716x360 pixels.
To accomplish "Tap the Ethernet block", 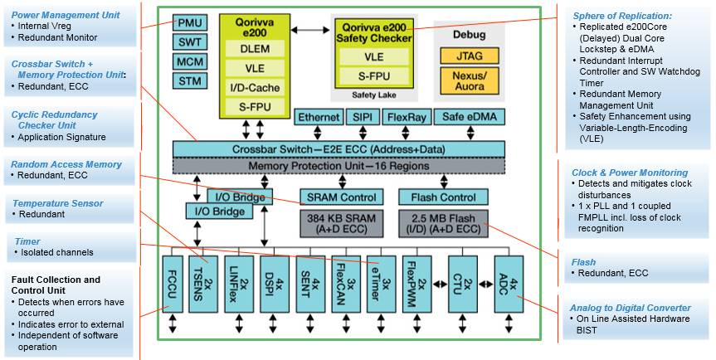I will pyautogui.click(x=319, y=117).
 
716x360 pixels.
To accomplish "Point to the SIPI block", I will pyautogui.click(x=363, y=117).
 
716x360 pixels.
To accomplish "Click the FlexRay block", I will pyautogui.click(x=407, y=117).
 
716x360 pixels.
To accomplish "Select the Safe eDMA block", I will pyautogui.click(x=470, y=117).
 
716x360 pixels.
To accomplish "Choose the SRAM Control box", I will pyautogui.click(x=341, y=197).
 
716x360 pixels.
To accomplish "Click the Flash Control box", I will pyautogui.click(x=444, y=197).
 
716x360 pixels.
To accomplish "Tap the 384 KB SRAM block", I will pyautogui.click(x=341, y=223).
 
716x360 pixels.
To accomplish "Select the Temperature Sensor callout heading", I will pyautogui.click(x=58, y=203).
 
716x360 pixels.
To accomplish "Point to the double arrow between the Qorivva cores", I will pyautogui.click(x=307, y=31).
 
